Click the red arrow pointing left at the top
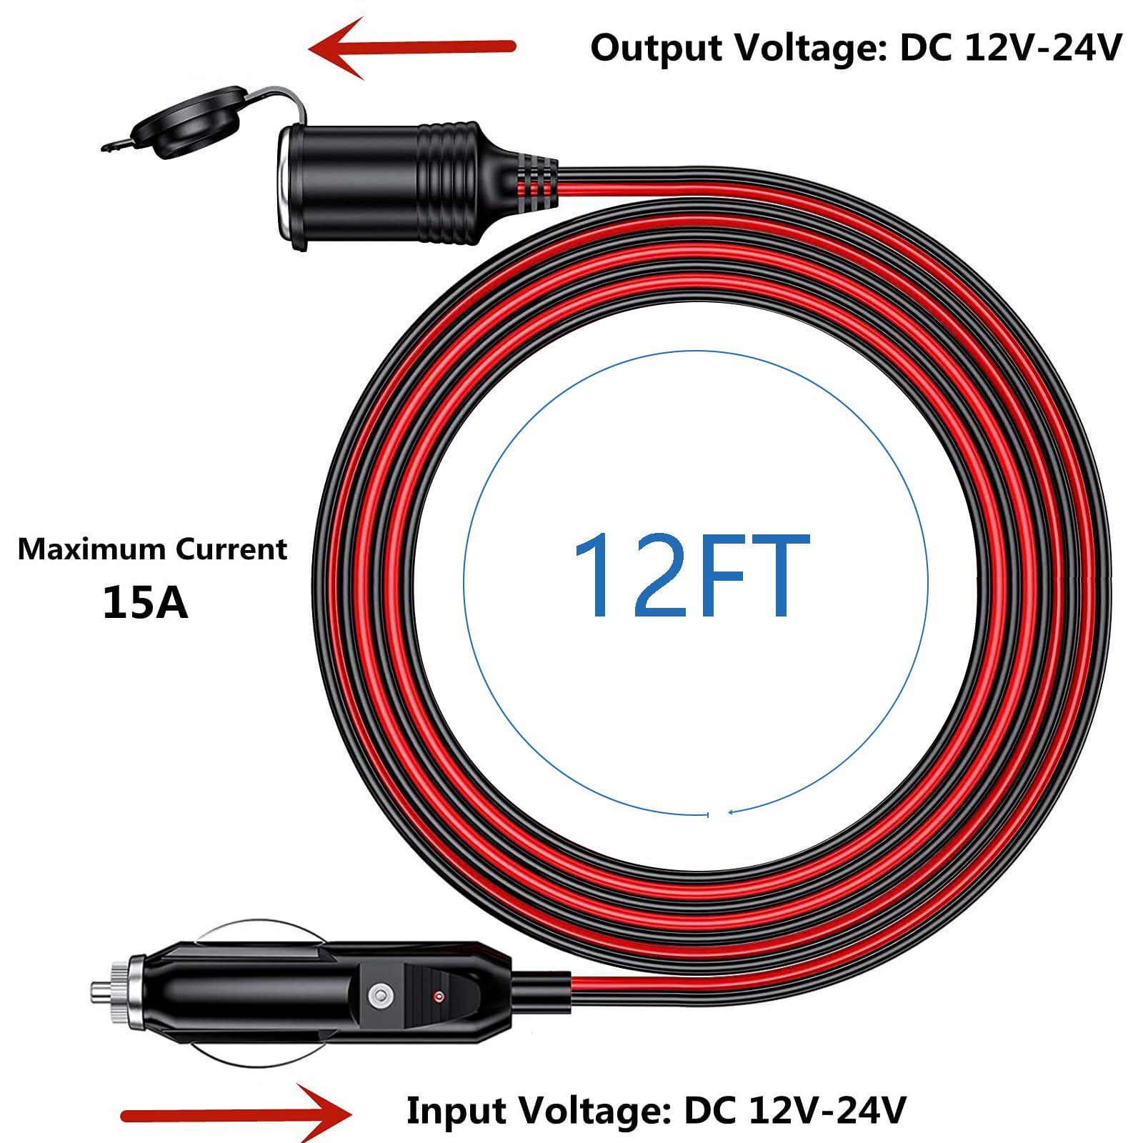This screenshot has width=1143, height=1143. pos(411,47)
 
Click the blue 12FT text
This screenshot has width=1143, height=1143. pos(691,575)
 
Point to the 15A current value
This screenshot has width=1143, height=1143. pos(145,602)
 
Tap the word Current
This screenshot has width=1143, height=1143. pos(231,549)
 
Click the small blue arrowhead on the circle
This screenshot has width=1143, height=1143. pos(732,812)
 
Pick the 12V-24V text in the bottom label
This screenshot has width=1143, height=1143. pos(827,1110)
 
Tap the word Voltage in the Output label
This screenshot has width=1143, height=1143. pos(810,50)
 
